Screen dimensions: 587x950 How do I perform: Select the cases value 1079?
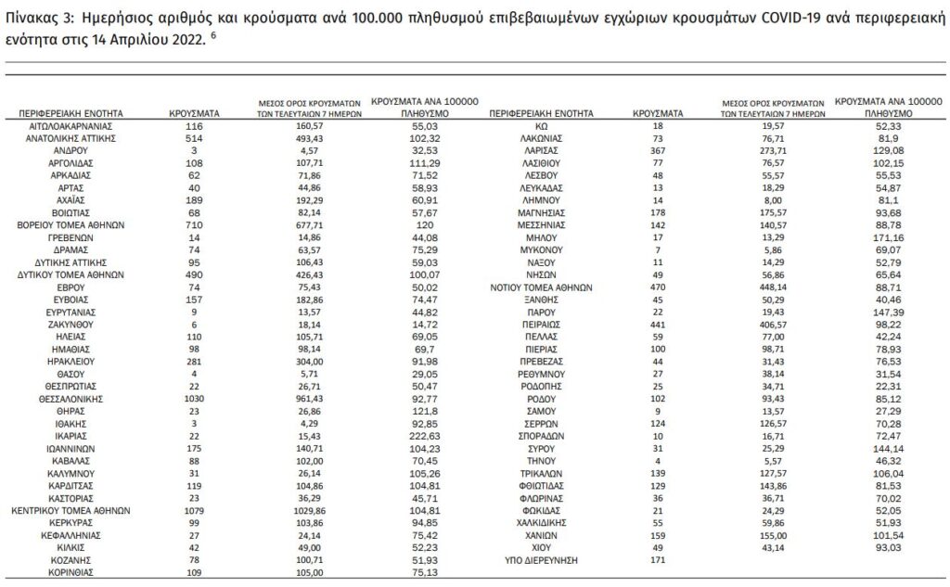pyautogui.click(x=193, y=509)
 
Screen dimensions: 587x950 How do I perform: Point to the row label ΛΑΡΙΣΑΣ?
pyautogui.click(x=546, y=149)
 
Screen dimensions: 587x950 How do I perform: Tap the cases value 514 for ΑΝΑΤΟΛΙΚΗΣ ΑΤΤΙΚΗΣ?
pyautogui.click(x=193, y=137)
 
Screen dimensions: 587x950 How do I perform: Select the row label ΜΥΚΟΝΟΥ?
pyautogui.click(x=546, y=250)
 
